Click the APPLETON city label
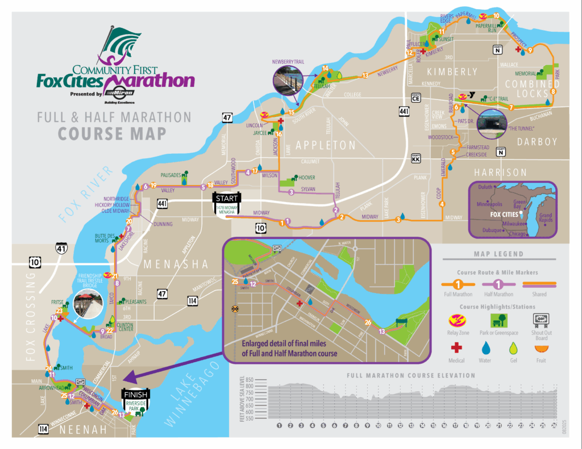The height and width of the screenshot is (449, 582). (x=325, y=145)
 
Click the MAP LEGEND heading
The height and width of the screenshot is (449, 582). (x=498, y=254)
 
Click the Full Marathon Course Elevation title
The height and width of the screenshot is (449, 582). (x=411, y=375)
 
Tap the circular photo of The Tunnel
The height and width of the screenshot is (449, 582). (x=492, y=122)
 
